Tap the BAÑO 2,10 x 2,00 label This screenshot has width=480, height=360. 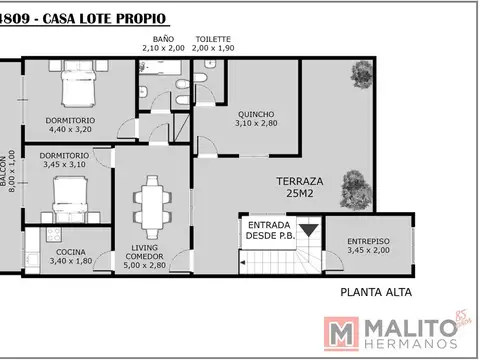click(163, 44)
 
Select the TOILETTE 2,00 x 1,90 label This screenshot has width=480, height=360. click(214, 44)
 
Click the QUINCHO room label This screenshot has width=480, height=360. click(255, 119)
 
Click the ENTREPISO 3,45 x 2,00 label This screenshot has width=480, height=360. click(368, 246)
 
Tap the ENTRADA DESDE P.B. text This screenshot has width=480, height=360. click(270, 231)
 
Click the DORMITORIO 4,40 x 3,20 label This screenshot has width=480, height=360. click(70, 125)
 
